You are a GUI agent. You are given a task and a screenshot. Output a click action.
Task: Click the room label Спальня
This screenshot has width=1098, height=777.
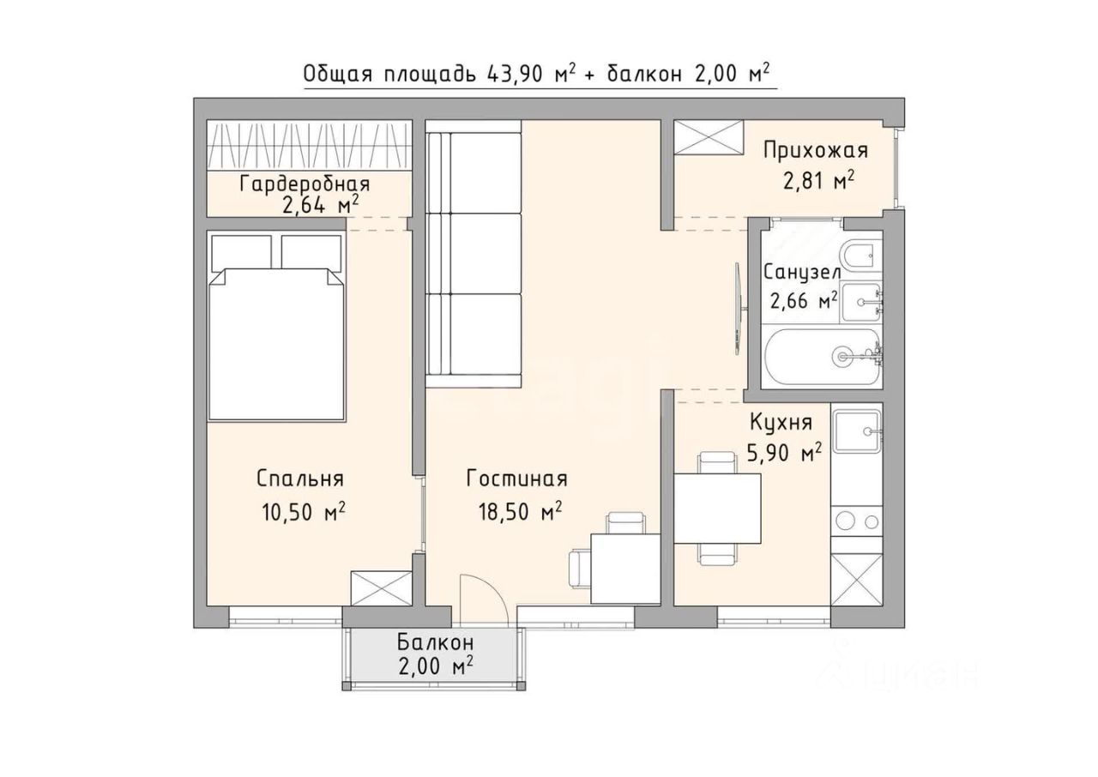point(300,479)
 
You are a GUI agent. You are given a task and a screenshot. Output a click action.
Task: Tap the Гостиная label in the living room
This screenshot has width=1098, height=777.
point(516,479)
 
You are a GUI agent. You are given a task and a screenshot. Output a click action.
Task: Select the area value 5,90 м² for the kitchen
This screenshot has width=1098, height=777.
point(784,453)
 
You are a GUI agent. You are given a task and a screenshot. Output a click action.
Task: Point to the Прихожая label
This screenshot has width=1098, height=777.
point(816,150)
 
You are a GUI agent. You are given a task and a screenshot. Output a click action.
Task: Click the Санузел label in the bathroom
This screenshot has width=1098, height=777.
point(802,273)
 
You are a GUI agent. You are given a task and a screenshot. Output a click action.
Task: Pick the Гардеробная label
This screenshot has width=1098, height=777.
point(305,184)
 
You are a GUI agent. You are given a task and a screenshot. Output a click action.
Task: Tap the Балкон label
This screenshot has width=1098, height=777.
point(435,642)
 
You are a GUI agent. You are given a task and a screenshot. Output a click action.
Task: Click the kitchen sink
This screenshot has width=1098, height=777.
point(857,431)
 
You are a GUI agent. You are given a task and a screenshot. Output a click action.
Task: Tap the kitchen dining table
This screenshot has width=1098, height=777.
point(717,508)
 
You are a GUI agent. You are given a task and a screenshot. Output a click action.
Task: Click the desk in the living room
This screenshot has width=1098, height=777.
point(625,569)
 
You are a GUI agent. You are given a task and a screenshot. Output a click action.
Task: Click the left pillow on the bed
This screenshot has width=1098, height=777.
point(242,253)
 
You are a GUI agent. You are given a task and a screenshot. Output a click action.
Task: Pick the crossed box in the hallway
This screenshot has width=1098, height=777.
point(709,138)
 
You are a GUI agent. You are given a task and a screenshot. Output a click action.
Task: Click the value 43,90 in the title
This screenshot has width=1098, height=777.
point(515,75)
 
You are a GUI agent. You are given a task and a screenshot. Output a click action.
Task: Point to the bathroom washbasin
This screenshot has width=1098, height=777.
point(860,302)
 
